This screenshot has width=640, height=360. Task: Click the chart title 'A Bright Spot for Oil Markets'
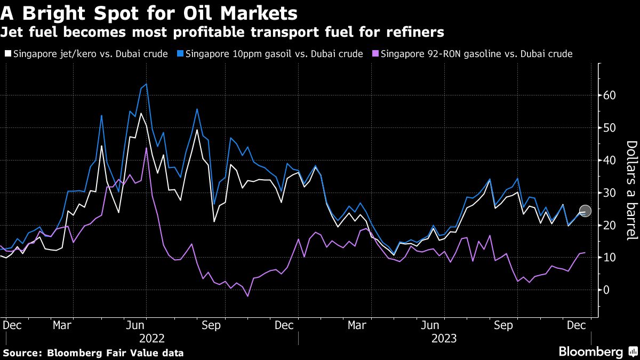click(x=149, y=12)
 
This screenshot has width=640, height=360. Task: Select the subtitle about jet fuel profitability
click(x=222, y=33)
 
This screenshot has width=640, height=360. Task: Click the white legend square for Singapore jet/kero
click(x=7, y=54)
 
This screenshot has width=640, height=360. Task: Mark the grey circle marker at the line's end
click(x=585, y=211)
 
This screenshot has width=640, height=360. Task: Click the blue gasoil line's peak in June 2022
click(x=146, y=84)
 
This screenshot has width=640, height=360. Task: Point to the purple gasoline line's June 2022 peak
click(x=146, y=148)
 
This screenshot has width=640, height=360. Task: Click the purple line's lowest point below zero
click(x=247, y=296)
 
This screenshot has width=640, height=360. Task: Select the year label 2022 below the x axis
click(x=152, y=338)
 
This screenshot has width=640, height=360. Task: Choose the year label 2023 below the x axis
click(x=444, y=338)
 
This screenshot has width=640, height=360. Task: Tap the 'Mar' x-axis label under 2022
click(x=63, y=324)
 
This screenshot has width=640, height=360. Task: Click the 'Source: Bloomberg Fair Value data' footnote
click(x=93, y=353)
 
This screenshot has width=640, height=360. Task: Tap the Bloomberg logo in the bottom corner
click(x=597, y=351)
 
